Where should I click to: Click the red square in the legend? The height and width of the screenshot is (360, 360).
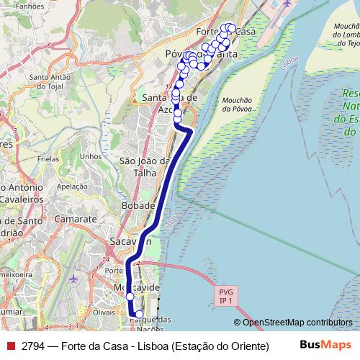click(10, 346)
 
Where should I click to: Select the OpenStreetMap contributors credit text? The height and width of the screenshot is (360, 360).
click(293, 323)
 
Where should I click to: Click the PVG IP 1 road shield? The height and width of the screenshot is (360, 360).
click(225, 296)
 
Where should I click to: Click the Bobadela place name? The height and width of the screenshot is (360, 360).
click(138, 205)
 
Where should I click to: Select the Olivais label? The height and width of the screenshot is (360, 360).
click(104, 312)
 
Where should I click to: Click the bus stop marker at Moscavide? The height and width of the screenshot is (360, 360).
click(130, 297)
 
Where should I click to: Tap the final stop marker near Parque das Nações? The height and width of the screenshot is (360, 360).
click(140, 314)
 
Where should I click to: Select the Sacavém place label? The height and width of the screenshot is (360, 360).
click(130, 241)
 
